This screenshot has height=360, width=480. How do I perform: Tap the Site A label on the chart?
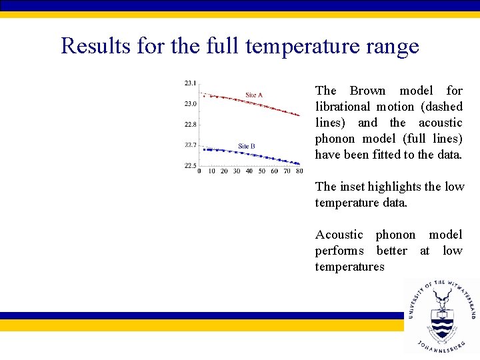tap(254, 95)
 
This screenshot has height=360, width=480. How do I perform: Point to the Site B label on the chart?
tap(247, 146)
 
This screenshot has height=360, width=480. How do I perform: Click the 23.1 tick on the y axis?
tap(190, 83)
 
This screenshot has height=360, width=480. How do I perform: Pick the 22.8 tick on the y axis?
tap(190, 124)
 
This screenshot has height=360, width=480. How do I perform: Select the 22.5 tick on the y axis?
tap(190, 165)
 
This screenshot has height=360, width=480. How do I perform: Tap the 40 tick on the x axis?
tap(249, 171)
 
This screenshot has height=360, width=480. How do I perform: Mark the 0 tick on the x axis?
tap(199, 171)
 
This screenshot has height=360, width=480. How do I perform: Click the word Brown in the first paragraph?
tap(367, 91)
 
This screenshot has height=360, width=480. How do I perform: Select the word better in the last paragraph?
tap(391, 251)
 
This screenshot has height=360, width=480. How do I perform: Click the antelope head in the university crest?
tap(441, 296)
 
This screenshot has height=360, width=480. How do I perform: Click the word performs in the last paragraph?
tap(339, 251)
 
